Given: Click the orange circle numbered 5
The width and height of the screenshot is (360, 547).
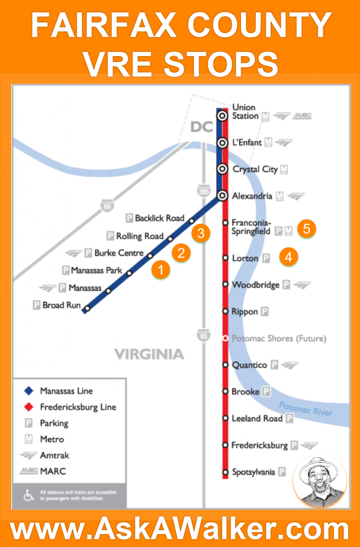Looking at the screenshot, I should (x=306, y=228).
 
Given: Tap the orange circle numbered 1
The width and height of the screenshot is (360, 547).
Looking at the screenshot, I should (x=160, y=269).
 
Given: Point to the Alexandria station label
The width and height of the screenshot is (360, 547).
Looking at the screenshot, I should (x=252, y=196).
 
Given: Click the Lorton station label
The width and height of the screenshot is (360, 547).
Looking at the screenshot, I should (x=245, y=258).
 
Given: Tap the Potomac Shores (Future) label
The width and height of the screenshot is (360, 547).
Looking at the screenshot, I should (x=279, y=338).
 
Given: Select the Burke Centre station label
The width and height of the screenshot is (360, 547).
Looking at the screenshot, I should (x=119, y=253).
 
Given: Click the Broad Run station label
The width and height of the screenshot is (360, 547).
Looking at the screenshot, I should (x=61, y=306).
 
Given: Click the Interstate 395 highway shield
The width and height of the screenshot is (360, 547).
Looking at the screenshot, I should (x=202, y=190).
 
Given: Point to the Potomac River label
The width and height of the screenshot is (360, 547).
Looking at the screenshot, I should (x=306, y=408).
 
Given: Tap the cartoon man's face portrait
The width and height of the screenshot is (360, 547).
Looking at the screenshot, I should (x=319, y=481).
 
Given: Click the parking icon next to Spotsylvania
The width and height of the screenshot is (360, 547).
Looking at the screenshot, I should (x=282, y=472).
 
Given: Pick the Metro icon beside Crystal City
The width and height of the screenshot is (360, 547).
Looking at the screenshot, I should (x=284, y=169).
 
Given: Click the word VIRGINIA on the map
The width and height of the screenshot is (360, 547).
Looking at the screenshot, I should (x=149, y=354).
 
